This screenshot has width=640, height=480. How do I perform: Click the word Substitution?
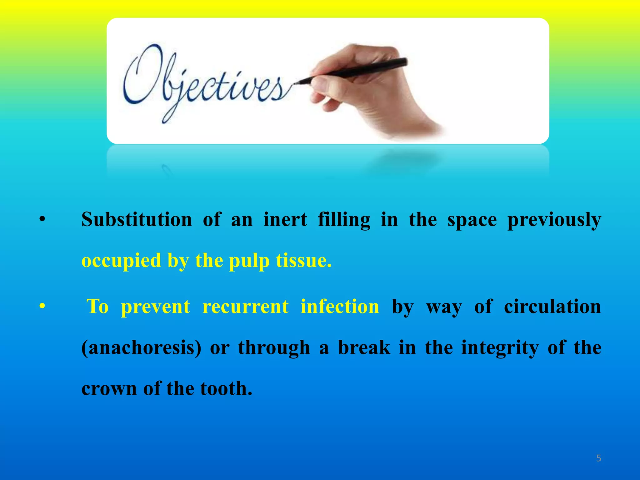coord(137,219)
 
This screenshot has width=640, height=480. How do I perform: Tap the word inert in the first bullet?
coord(285,219)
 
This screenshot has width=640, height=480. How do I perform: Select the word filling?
coord(344,220)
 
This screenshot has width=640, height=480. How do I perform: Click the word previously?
coord(554,220)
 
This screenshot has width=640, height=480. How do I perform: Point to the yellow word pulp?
coord(249,261)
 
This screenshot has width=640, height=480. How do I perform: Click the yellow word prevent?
coord(155,307)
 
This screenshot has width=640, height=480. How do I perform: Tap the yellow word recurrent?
coord(245,306)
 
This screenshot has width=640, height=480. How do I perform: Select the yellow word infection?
coord(340,306)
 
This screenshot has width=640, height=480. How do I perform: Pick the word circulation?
coord(552,306)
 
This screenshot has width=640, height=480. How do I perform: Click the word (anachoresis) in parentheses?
coord(141,348)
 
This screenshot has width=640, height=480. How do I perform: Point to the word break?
coord(364,347)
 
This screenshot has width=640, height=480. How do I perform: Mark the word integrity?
coord(500,348)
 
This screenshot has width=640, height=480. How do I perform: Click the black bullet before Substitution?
coord(42,220)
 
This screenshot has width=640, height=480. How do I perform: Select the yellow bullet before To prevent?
coord(42,307)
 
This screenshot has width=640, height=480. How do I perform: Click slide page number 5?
coord(598,458)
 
